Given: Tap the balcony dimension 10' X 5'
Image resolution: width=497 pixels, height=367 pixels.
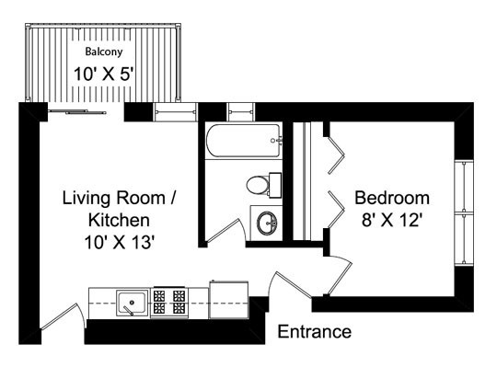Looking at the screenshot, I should click(103, 74).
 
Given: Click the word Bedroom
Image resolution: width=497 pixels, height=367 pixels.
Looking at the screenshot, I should click(392, 199).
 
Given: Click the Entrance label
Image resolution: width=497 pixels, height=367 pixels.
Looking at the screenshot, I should click(314, 332).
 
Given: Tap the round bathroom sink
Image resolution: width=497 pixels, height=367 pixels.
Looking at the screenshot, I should click(269, 222).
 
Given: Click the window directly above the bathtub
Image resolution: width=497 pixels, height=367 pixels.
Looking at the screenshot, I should click(242, 113).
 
